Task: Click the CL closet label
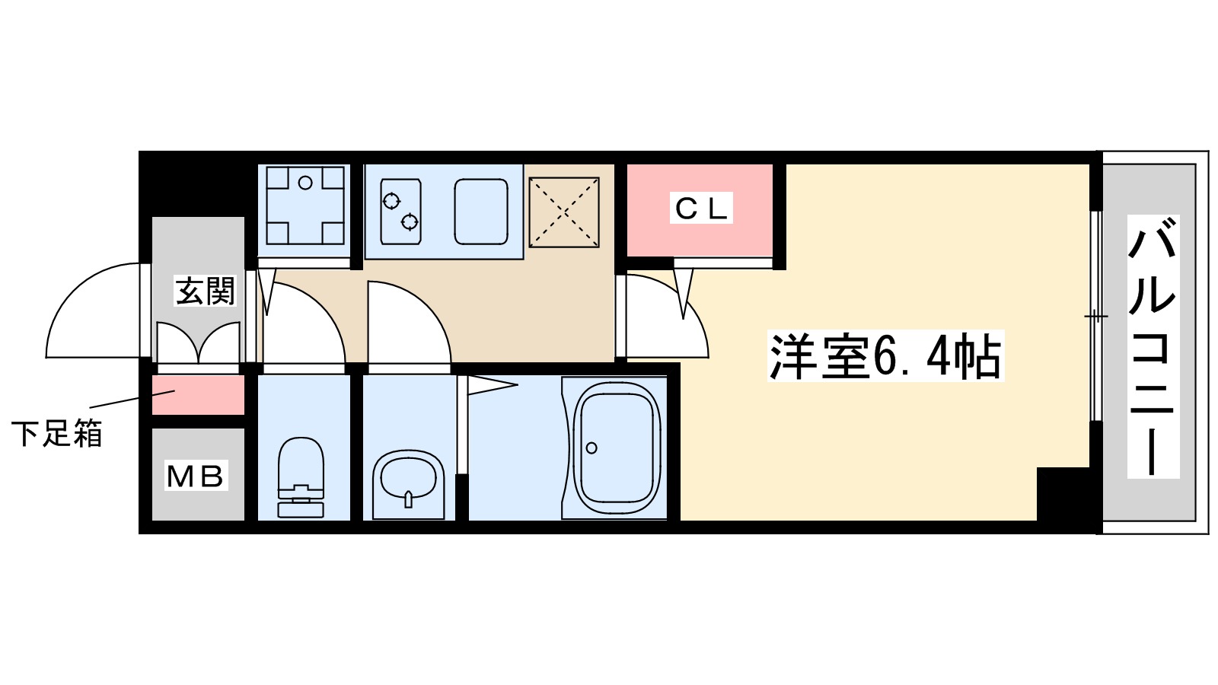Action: [x=701, y=208]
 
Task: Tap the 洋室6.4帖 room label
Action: [x=885, y=356]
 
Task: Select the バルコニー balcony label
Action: [x=1153, y=346]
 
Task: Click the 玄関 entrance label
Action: [x=205, y=291]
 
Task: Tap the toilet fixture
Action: [x=301, y=478]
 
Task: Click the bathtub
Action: [x=616, y=448]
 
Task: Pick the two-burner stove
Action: [x=401, y=212]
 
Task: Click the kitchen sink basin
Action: [x=481, y=212]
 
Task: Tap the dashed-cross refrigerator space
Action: [x=564, y=212]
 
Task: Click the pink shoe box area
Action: [x=198, y=395]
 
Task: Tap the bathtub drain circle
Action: [x=591, y=448]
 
